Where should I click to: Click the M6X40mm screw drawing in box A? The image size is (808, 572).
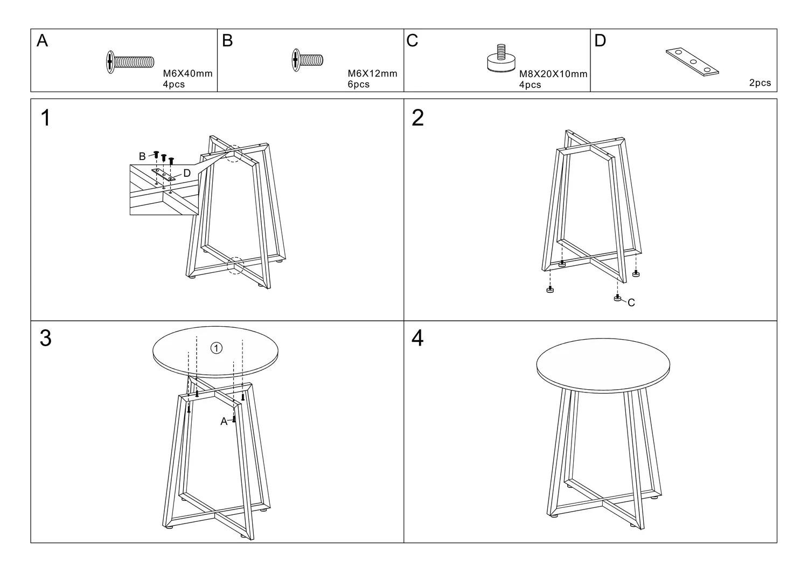click(x=130, y=62)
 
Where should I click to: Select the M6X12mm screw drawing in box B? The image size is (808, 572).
click(x=308, y=60)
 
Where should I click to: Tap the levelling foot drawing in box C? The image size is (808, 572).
click(x=501, y=59)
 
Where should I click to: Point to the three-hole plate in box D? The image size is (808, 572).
click(x=692, y=62)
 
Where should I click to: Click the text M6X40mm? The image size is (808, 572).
click(x=187, y=74)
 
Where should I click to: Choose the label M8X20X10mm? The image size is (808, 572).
click(x=553, y=74)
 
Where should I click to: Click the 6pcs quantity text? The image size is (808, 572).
click(x=359, y=85)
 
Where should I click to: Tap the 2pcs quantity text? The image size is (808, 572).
click(x=760, y=82)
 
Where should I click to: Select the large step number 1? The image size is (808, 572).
click(x=46, y=118)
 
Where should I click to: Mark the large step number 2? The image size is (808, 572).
click(x=417, y=118)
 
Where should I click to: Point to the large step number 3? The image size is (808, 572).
click(x=46, y=338)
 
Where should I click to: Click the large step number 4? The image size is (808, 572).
click(x=417, y=338)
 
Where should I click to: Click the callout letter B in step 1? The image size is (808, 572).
click(x=142, y=156)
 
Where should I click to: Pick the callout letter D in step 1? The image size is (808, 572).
click(x=187, y=174)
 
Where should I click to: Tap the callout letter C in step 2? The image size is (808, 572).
click(x=631, y=302)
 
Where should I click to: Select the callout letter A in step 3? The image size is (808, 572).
click(x=224, y=422)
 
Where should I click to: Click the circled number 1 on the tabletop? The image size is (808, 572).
click(x=217, y=348)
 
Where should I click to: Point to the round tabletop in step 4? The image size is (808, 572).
click(x=603, y=365)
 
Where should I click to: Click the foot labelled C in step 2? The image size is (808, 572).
click(x=617, y=298)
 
